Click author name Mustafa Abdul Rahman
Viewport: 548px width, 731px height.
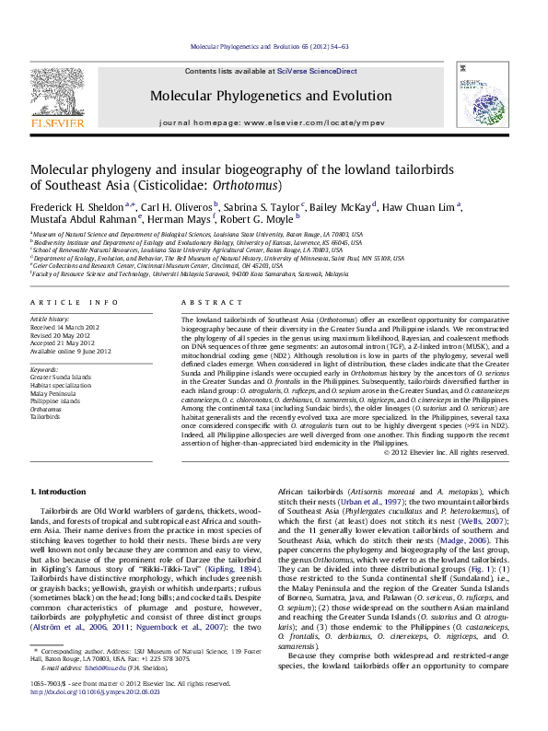(x=83, y=222)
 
